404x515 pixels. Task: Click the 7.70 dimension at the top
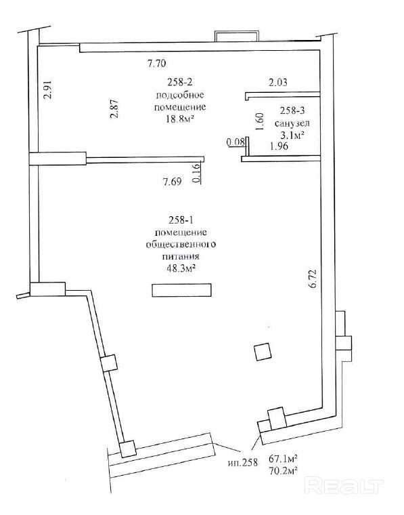(x=157, y=63)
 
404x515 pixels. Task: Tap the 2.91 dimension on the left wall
(x=49, y=89)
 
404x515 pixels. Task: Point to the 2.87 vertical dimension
(x=114, y=108)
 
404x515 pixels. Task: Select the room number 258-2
(x=180, y=82)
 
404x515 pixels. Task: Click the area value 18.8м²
(x=180, y=119)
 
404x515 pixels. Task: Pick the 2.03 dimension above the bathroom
(x=278, y=82)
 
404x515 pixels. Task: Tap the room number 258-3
(x=292, y=111)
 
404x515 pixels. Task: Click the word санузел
(x=292, y=123)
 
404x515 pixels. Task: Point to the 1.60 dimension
(x=259, y=121)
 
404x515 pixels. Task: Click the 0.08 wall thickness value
(x=235, y=142)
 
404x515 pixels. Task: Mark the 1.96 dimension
(x=279, y=146)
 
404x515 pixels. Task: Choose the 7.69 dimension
(x=172, y=182)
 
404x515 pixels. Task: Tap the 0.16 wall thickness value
(x=196, y=173)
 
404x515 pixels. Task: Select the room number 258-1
(x=181, y=220)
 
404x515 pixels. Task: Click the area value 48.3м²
(x=181, y=268)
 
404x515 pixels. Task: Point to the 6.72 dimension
(x=312, y=279)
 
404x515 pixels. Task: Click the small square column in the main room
(x=263, y=352)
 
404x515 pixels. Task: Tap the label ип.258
(x=243, y=463)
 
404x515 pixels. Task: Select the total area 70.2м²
(x=284, y=472)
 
